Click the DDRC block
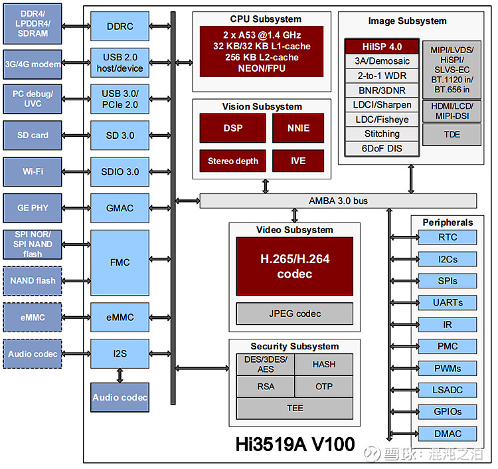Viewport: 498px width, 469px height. pyautogui.click(x=120, y=27)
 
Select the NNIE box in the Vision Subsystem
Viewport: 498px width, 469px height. pyautogui.click(x=298, y=128)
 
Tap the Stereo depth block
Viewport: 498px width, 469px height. pyautogui.click(x=233, y=161)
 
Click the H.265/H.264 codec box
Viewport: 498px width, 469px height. pyautogui.click(x=295, y=266)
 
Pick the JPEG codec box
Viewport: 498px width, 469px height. pyautogui.click(x=295, y=314)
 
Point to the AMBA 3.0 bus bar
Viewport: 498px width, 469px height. pyautogui.click(x=338, y=201)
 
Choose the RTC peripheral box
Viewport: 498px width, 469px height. pyautogui.click(x=448, y=237)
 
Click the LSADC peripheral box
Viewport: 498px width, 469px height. pyautogui.click(x=448, y=390)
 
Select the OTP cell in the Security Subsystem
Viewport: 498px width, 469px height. pyautogui.click(x=324, y=387)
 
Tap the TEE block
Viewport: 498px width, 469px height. pyautogui.click(x=295, y=408)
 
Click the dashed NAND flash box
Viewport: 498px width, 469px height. pyautogui.click(x=33, y=281)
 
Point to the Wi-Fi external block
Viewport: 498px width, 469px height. pyautogui.click(x=33, y=171)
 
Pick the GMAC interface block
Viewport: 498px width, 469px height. pyautogui.click(x=120, y=208)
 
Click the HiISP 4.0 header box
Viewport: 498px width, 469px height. pyautogui.click(x=382, y=47)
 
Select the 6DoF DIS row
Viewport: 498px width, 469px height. pyautogui.click(x=382, y=148)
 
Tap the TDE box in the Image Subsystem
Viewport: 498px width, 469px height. pyautogui.click(x=452, y=134)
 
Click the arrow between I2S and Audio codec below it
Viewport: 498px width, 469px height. pyautogui.click(x=120, y=375)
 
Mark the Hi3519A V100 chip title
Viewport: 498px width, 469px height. pyautogui.click(x=295, y=444)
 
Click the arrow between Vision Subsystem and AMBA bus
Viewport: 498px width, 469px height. pyautogui.click(x=266, y=187)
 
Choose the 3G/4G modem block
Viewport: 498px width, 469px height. pyautogui.click(x=33, y=64)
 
